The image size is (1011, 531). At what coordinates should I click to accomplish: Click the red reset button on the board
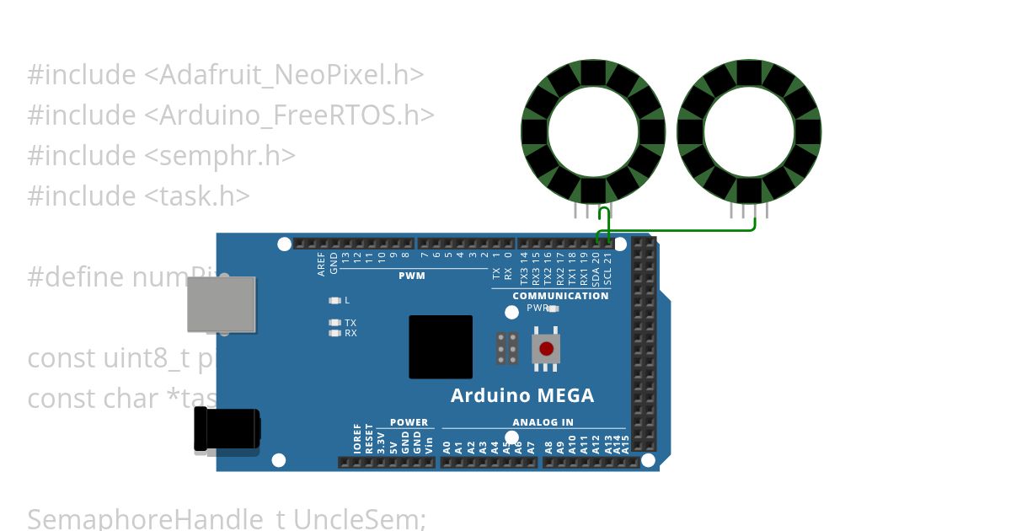[x=546, y=348]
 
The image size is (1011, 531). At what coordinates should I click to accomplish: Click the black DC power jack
[x=226, y=430]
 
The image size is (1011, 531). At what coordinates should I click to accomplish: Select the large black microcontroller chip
[x=441, y=347]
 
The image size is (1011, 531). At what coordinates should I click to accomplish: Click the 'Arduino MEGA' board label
[x=522, y=395]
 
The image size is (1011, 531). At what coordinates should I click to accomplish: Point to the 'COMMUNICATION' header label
[x=560, y=296]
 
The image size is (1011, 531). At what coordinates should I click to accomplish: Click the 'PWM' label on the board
[x=412, y=276]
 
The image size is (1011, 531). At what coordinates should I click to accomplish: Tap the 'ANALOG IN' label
[x=543, y=422]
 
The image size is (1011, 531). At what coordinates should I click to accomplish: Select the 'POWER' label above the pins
[x=409, y=422]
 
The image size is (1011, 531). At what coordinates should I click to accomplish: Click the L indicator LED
[x=335, y=300]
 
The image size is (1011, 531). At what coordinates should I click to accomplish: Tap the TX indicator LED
[x=335, y=323]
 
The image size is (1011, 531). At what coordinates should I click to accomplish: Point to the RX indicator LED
[x=335, y=333]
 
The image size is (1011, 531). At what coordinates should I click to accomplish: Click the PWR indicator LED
[x=554, y=308]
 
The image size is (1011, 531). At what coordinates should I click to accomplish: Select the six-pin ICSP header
[x=507, y=348]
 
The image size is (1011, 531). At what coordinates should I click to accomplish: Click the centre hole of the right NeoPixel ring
[x=749, y=132]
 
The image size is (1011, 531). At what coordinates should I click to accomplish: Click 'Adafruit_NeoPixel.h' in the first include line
[x=291, y=75]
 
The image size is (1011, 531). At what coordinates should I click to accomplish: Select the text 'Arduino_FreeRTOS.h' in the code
[x=296, y=115]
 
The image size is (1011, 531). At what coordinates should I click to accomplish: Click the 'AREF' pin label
[x=321, y=264]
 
